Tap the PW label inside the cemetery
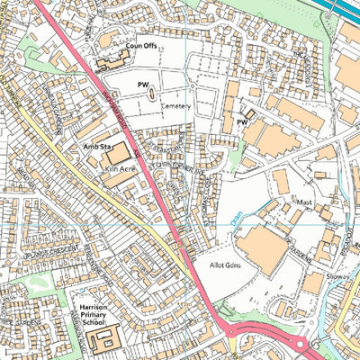pyautogui.click(x=141, y=85)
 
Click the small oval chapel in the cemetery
pyautogui.click(x=152, y=92)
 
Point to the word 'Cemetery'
pyautogui.click(x=176, y=105)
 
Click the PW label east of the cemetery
pyautogui.click(x=241, y=121)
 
